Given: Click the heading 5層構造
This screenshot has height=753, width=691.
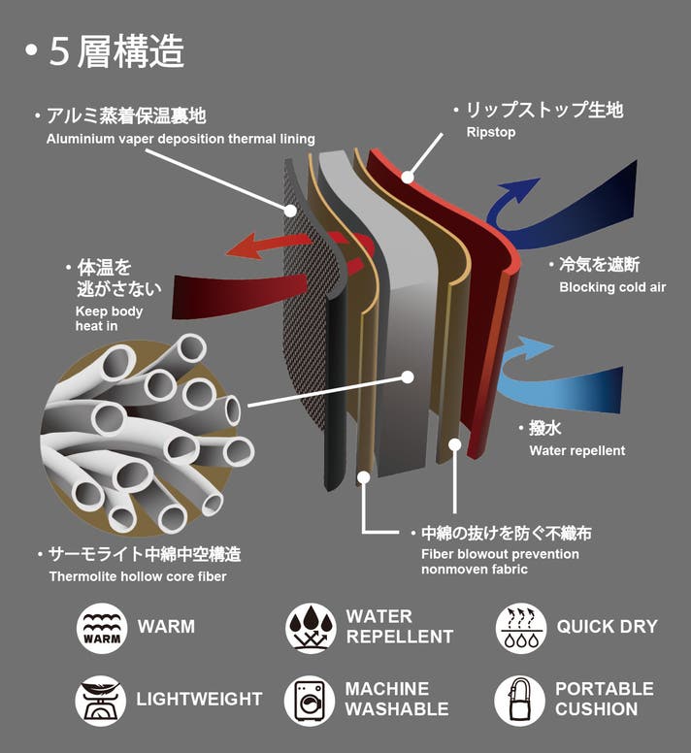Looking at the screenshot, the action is coord(116,51).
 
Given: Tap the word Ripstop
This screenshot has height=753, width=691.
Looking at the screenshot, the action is coord(491,132).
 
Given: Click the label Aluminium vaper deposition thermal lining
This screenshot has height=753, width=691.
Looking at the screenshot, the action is coord(181,139).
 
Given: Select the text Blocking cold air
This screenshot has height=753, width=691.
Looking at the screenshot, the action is coord(612,287).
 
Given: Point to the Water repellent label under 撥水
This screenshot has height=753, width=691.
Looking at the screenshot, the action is coord(577,450).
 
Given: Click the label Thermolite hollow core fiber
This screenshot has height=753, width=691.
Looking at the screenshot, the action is coord(138,576).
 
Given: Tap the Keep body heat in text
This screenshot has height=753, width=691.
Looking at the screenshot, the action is coord(109,318).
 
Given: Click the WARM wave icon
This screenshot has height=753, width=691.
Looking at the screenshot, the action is coord(102,628).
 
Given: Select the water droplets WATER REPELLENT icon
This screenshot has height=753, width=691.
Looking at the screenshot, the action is coord(312,628).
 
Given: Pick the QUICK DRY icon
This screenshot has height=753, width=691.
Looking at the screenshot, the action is coord(521,628).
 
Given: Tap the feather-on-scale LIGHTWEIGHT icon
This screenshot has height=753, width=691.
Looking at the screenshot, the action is coord(101,701).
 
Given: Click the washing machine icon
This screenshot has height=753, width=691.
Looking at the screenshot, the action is coord(310,701).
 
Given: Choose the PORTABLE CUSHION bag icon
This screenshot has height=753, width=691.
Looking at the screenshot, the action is coord(519,701).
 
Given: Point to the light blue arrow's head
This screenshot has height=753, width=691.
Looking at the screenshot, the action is coord(536,346).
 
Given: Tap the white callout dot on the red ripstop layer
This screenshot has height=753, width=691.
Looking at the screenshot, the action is coord(408,178).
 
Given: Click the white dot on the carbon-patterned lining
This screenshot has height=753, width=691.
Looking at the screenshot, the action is coord(290,211).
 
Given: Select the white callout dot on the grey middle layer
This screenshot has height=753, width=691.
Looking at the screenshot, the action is coord(408,376).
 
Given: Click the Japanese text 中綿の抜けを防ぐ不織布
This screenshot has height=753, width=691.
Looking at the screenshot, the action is coord(507,533).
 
